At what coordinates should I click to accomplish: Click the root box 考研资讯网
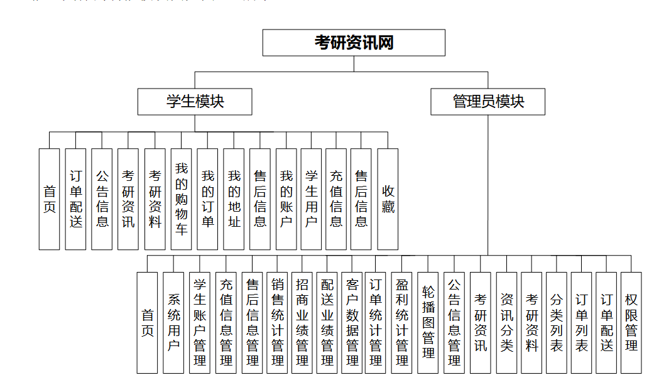tap(354, 43)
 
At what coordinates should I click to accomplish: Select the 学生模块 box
tap(195, 102)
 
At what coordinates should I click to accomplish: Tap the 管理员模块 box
tap(487, 102)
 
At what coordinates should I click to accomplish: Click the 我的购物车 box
tap(181, 199)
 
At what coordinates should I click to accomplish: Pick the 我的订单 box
tap(207, 199)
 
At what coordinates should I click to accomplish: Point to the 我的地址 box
tap(234, 199)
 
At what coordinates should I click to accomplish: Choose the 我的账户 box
tap(286, 199)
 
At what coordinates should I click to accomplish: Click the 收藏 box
tap(388, 199)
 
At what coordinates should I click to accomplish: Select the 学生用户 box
tap(311, 199)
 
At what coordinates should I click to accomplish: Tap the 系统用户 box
tap(173, 322)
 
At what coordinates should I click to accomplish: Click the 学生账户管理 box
tap(200, 322)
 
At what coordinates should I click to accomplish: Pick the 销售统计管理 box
tap(277, 322)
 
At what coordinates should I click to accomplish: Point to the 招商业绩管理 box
tap(302, 322)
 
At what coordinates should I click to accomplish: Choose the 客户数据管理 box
tap(352, 322)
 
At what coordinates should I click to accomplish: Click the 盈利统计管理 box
tap(402, 322)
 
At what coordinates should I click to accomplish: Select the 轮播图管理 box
tap(428, 322)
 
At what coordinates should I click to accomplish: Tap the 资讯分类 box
tap(506, 322)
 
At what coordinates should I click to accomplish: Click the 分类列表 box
tap(557, 322)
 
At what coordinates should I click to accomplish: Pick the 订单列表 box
tap(582, 322)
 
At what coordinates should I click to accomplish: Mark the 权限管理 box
tap(631, 322)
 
